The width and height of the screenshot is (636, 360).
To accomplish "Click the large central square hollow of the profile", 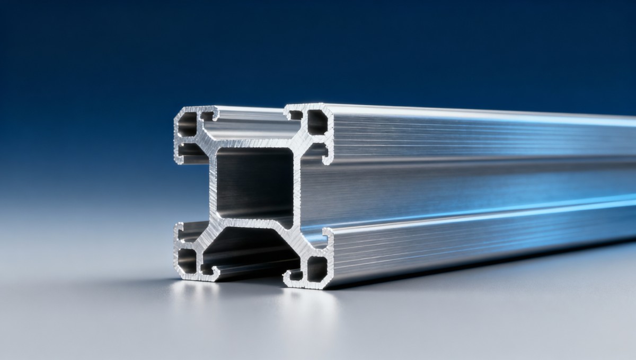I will (x=254, y=180).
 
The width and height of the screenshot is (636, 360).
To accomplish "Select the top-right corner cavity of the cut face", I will (x=317, y=122).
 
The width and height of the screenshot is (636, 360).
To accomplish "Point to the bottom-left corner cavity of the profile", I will (x=187, y=260).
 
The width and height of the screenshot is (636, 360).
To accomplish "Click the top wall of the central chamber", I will (x=254, y=144).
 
